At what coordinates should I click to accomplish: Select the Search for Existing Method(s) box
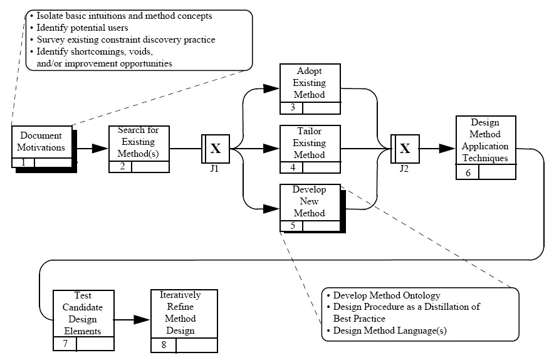pos(139,149)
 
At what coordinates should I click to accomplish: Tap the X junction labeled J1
pos(216,149)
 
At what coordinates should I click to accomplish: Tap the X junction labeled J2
pos(405,149)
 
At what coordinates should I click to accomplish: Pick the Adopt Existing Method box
pos(310,89)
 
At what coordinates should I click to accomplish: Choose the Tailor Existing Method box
pos(310,149)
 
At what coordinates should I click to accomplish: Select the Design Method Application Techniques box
pos(486,147)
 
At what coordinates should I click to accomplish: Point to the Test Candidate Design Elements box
pos(83,320)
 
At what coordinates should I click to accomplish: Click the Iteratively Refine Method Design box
pos(184,321)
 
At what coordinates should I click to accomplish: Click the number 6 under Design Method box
pos(468,173)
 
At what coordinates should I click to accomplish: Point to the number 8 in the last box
pos(164,345)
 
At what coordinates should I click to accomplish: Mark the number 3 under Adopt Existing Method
pos(293,107)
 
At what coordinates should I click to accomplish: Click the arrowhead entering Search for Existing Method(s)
pos(100,149)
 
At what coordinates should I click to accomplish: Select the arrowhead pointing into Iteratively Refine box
pos(142,320)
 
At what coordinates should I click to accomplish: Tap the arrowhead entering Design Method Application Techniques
pos(447,149)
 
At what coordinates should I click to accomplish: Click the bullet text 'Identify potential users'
pos(82,28)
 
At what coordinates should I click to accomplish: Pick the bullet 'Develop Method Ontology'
pos(387,295)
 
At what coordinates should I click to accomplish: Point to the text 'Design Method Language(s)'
pos(390,331)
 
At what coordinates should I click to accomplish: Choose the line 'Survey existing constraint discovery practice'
pos(126,40)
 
